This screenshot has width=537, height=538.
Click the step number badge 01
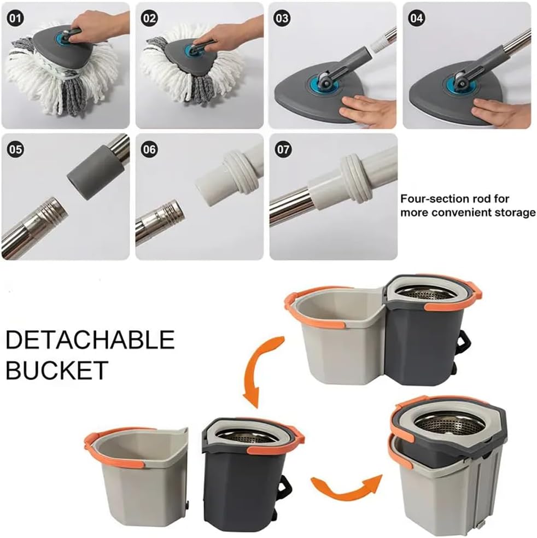(15, 18)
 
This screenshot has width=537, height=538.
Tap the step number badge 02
(149, 18)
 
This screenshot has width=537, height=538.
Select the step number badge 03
(282, 18)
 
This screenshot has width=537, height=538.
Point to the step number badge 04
(417, 18)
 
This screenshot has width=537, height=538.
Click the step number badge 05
(15, 150)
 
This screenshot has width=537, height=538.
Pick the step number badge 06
(149, 150)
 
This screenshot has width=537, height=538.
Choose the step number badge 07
(283, 150)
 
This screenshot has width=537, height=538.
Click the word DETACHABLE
(90, 340)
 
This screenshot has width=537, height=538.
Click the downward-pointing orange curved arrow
(259, 371)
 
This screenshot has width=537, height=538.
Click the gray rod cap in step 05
(95, 172)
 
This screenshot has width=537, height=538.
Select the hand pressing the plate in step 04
(501, 112)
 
